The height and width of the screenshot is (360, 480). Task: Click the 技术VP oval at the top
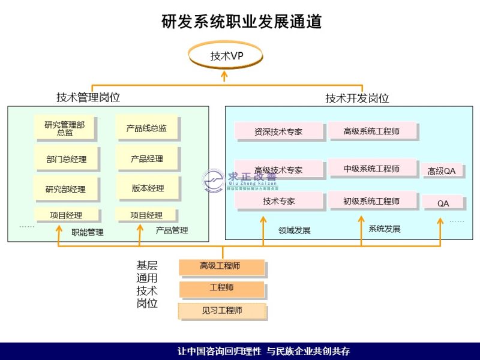226,56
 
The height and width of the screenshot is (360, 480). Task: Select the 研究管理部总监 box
65,128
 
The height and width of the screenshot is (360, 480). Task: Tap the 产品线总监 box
146,128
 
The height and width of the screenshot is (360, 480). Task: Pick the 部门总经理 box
66,159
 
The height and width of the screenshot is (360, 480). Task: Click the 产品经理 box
147,159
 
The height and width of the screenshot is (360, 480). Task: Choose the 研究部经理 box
65,189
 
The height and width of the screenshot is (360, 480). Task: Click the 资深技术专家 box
278,131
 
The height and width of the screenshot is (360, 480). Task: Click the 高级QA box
442,171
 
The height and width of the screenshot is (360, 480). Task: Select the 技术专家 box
279,201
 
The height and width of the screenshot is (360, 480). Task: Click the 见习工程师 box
221,311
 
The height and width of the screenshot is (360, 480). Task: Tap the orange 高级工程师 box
221,266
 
